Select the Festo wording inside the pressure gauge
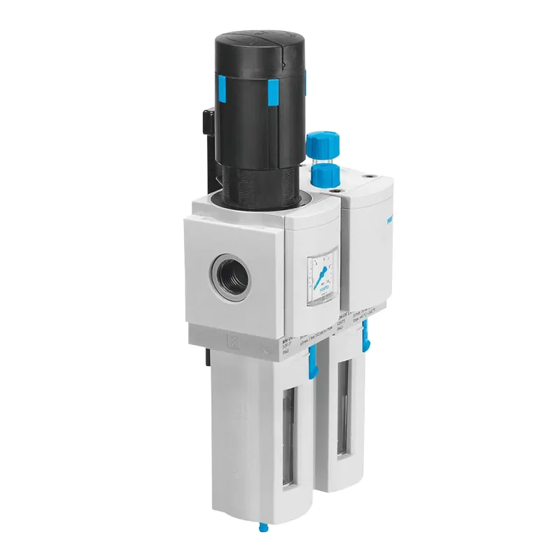[323, 287]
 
